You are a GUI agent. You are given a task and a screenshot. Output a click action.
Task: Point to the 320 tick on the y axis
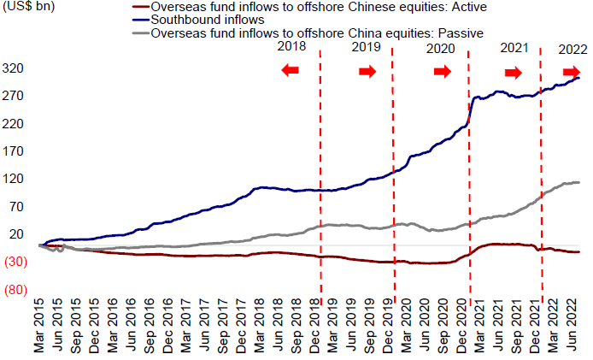18,68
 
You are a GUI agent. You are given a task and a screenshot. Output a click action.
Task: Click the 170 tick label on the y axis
18,151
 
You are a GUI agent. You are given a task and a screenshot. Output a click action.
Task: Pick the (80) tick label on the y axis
17,290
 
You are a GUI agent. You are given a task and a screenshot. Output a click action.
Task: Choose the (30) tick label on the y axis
17,263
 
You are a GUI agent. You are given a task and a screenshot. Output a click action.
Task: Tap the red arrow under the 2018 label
291,72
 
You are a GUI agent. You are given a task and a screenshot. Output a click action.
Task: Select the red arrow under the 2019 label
367,72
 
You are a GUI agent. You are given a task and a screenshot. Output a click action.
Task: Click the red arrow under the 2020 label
442,72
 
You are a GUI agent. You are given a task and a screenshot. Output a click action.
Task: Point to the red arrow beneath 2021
514,72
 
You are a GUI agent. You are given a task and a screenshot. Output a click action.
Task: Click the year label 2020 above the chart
441,49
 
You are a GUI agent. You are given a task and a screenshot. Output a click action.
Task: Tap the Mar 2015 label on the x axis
39,328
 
